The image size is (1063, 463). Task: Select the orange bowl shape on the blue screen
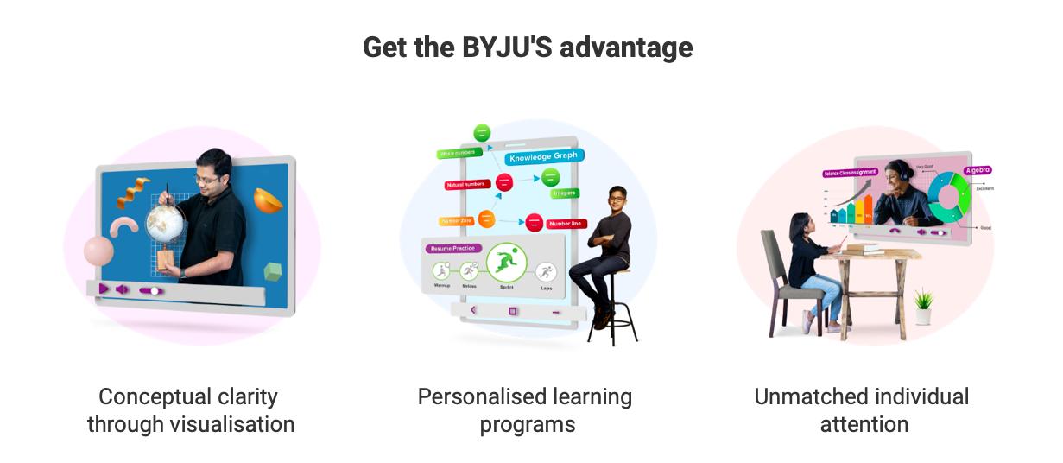(268, 200)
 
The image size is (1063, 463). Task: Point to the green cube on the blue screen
(274, 271)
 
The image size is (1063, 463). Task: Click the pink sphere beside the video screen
(98, 251)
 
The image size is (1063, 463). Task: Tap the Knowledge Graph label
(543, 158)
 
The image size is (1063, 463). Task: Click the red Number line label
(565, 224)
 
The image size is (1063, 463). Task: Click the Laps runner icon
(546, 272)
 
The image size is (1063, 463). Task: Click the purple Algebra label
(978, 170)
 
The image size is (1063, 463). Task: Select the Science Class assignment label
(851, 173)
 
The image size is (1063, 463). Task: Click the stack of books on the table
(863, 248)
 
